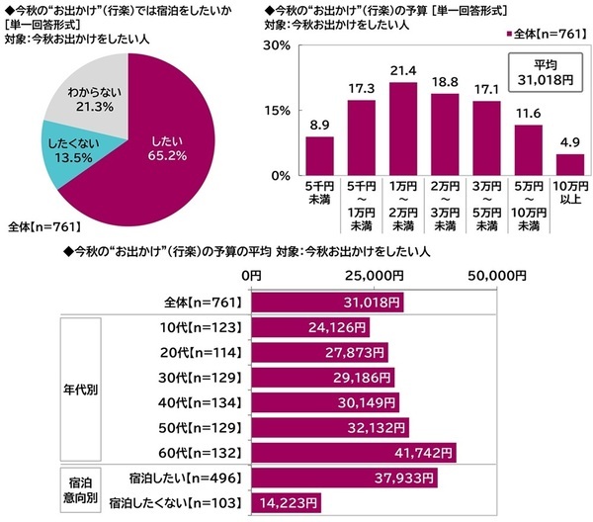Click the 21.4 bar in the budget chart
(x=376, y=129)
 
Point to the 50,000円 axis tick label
(x=488, y=274)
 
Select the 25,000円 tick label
(x=372, y=274)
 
